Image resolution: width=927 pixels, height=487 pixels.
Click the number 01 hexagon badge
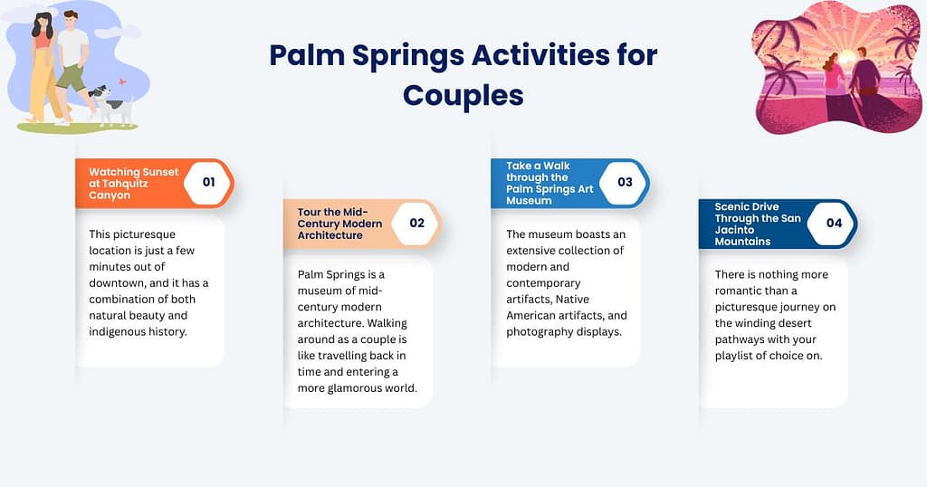208,182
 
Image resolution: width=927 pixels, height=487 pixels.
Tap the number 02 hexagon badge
416,223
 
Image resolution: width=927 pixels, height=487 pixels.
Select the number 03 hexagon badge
625,182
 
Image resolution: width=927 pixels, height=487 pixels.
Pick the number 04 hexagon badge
833,223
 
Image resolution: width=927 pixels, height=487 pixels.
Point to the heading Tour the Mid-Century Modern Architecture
339,224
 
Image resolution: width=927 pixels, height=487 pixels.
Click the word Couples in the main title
463,94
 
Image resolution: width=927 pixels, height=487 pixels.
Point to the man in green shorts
72,63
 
